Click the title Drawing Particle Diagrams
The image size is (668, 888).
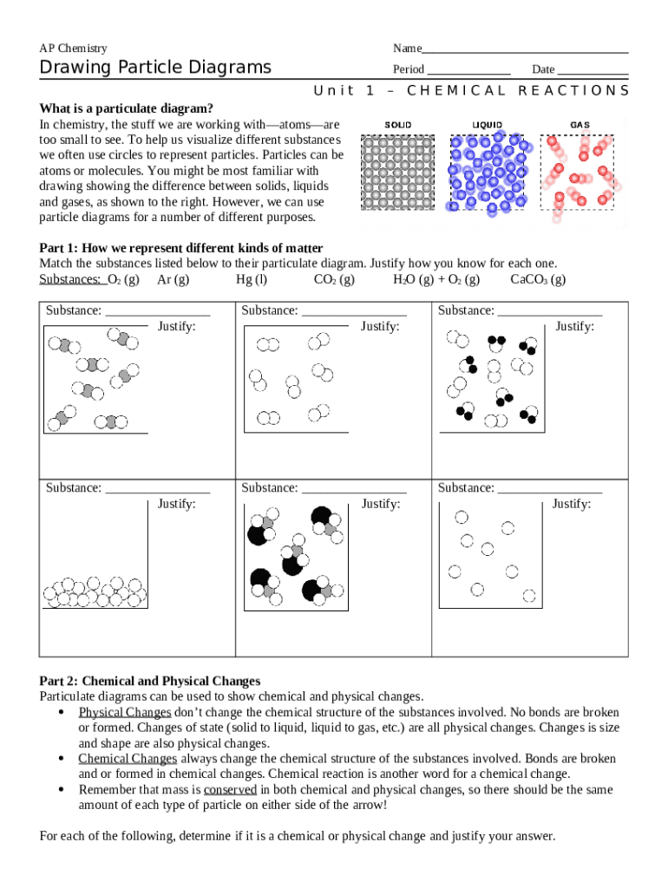(155, 68)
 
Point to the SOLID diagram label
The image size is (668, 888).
(398, 125)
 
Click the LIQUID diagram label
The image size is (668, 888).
(487, 125)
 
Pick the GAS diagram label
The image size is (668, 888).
(580, 125)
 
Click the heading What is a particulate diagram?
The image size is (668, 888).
(127, 108)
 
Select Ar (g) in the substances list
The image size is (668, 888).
(174, 279)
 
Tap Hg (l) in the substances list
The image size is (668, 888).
(252, 279)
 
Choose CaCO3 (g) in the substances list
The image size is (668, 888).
(538, 279)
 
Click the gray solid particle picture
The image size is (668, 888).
(398, 173)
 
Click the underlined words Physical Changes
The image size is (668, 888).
(125, 712)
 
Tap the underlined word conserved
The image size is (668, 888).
(230, 790)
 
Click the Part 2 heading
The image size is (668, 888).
(150, 681)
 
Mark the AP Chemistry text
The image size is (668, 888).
(74, 49)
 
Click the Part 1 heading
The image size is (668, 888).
(181, 248)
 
